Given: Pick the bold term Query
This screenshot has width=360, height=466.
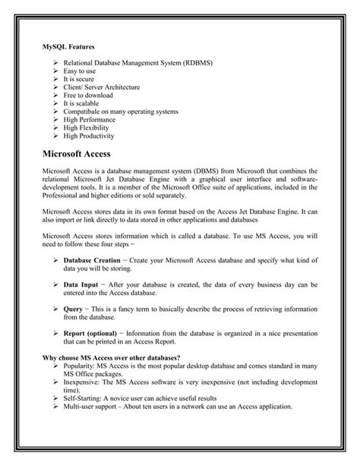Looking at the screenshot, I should (x=74, y=309).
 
